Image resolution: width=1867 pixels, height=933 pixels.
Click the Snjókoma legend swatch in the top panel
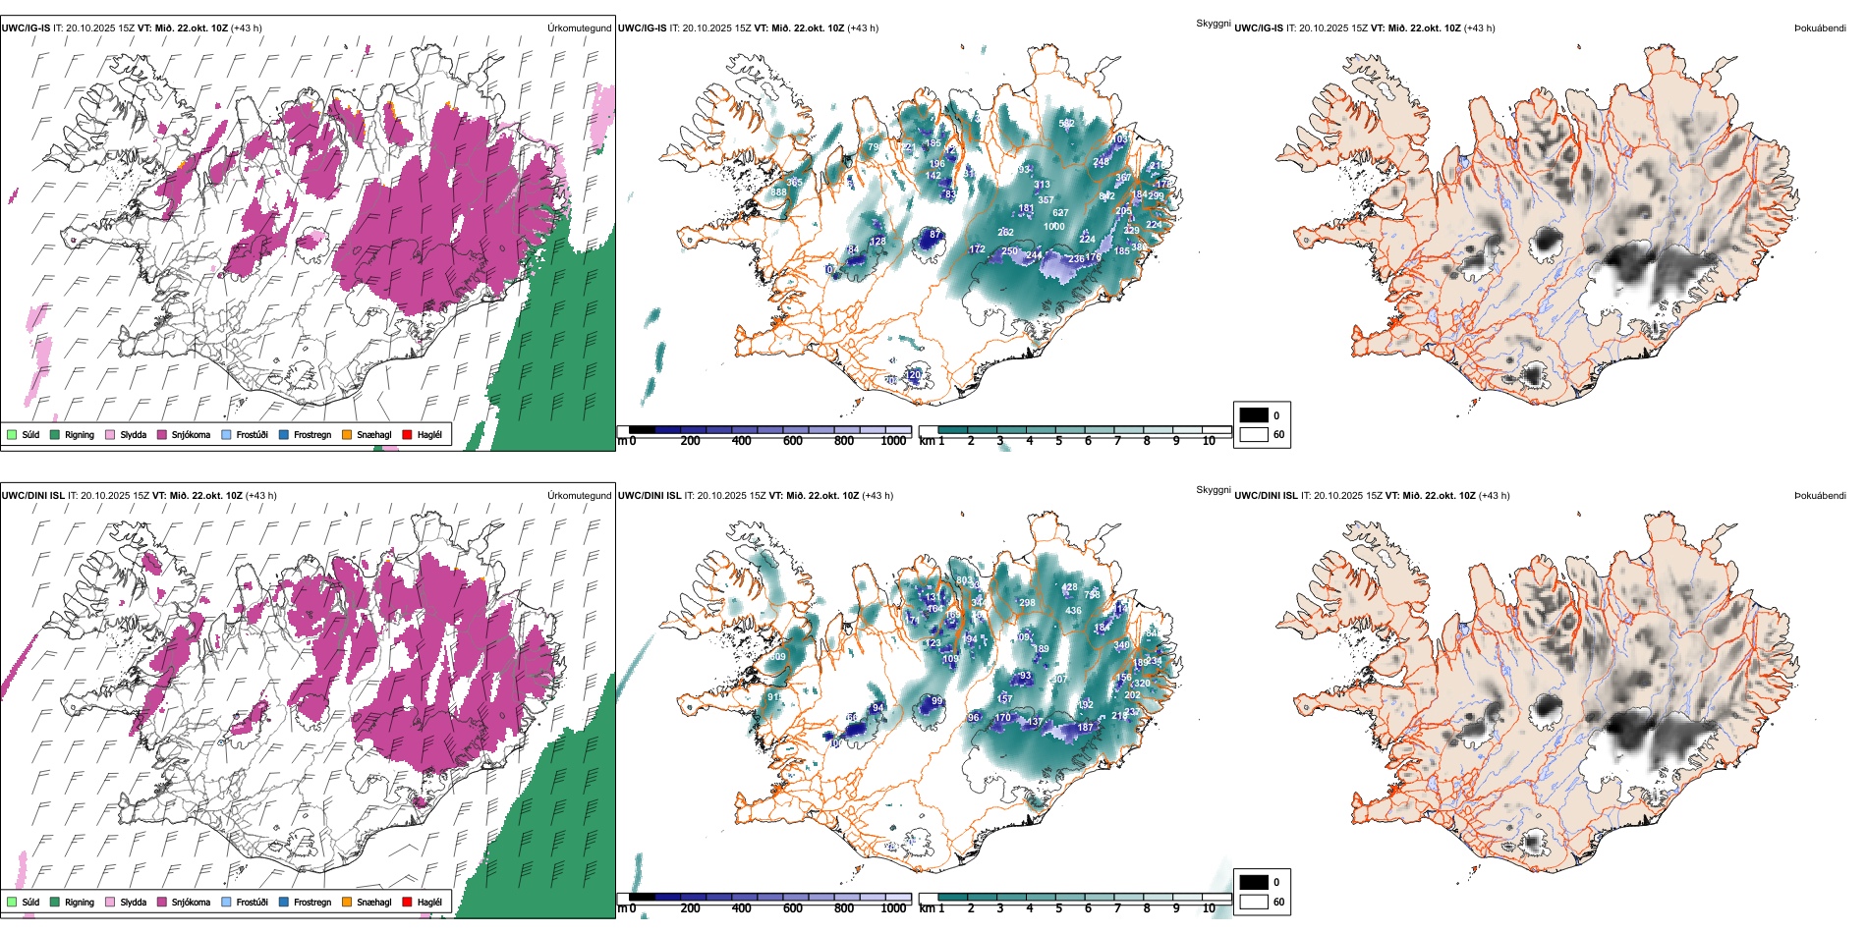tap(162, 434)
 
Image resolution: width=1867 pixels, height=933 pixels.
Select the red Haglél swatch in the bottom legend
tap(407, 902)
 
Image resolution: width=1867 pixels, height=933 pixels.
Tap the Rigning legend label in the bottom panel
tap(80, 902)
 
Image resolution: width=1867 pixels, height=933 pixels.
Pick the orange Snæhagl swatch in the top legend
tap(347, 434)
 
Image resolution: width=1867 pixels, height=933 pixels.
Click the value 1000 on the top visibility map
tap(1054, 227)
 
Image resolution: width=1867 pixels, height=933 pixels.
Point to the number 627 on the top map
tap(1060, 213)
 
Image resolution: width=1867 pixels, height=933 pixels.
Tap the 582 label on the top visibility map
tap(1066, 124)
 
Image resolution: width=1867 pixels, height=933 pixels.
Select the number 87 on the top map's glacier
tap(935, 235)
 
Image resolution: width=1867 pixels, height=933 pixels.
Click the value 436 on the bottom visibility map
tap(1073, 611)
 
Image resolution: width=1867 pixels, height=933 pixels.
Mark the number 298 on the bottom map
tap(1028, 603)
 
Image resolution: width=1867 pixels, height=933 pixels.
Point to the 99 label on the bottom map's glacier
tap(937, 701)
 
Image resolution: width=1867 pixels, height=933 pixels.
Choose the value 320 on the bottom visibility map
tap(1142, 684)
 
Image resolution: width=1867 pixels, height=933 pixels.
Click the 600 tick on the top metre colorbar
tap(793, 441)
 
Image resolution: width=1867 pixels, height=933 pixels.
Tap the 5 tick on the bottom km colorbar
tap(1059, 908)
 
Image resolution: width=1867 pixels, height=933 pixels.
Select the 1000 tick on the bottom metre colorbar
tap(893, 908)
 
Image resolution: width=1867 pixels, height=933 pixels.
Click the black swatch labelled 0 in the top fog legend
tap(1254, 415)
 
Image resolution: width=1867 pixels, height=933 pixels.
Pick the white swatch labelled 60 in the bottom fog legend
tap(1254, 902)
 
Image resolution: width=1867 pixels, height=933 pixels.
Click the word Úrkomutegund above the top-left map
tap(580, 28)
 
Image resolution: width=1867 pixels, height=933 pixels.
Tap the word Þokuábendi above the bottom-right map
tap(1820, 496)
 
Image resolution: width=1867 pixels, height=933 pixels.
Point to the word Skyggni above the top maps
tap(1214, 23)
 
